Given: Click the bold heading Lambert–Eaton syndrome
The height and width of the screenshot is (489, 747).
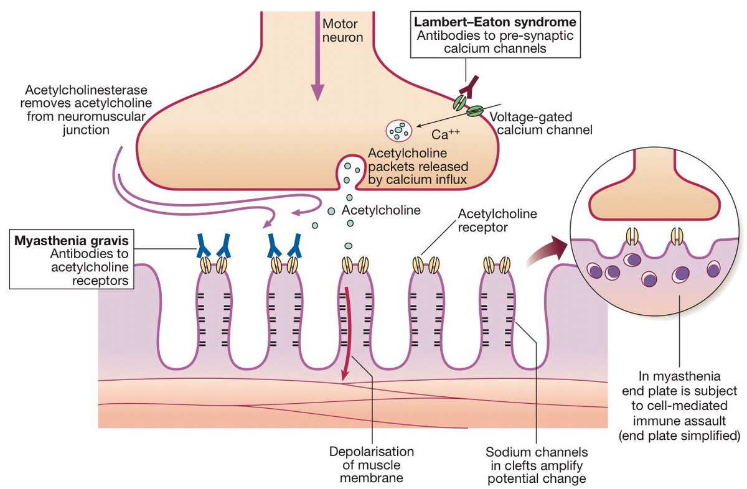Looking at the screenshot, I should point(495,22).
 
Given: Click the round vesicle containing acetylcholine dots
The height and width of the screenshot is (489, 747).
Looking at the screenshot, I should point(399,130).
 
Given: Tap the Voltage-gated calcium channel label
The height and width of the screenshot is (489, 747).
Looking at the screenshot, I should point(540,123).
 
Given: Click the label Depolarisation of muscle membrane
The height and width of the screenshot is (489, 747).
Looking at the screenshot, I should point(372,465).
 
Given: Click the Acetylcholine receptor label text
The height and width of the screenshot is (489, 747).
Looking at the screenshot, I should point(497,220).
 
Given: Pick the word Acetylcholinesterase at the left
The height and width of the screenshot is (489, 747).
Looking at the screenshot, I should point(85,90).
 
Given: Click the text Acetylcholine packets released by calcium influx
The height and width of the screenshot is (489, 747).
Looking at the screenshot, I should point(418,167).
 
